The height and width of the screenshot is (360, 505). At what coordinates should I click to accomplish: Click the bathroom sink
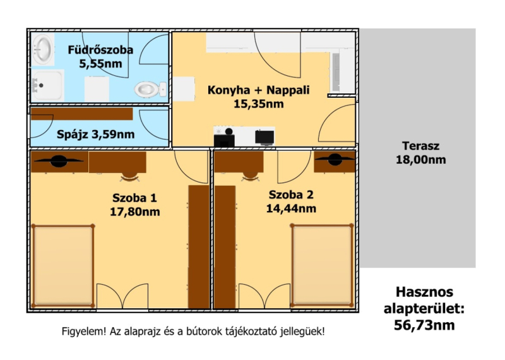click(43, 49)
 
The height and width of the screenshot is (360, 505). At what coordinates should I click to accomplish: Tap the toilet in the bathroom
click(150, 89)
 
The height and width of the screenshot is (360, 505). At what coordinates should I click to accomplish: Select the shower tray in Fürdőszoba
click(48, 86)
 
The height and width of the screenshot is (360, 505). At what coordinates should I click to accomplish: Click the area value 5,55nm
click(101, 64)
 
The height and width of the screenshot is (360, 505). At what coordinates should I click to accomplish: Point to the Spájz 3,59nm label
click(96, 134)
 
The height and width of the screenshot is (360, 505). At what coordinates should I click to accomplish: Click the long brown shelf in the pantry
click(82, 114)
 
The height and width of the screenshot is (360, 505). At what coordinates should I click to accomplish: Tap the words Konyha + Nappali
click(258, 90)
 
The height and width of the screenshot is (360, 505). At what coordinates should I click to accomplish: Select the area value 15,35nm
click(259, 104)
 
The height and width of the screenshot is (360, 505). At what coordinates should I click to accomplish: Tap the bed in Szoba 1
click(63, 265)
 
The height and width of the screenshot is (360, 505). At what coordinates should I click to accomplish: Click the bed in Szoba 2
click(322, 265)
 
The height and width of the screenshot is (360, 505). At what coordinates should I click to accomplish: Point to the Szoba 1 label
click(134, 198)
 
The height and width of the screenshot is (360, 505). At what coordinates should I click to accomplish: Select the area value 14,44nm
click(291, 208)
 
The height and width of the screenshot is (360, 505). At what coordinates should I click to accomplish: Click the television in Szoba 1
click(59, 161)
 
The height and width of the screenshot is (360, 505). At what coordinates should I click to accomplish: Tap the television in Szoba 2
click(335, 159)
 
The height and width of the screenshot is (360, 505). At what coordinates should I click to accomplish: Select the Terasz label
click(420, 146)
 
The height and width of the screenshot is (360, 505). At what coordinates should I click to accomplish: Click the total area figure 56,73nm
click(424, 325)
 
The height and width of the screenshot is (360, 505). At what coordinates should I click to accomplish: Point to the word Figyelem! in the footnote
click(84, 332)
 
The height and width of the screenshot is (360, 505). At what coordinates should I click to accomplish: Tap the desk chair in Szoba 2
click(251, 176)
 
